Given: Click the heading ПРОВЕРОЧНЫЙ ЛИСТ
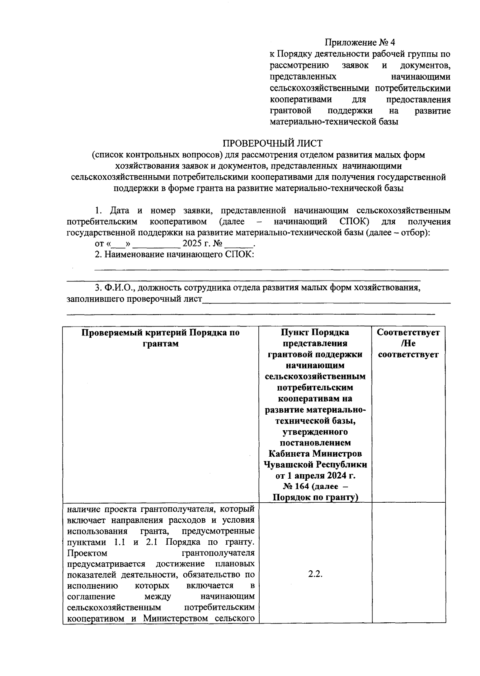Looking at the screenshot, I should coord(272,143).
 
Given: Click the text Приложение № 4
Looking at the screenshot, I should coord(360,42).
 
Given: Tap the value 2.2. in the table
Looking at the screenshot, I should coord(315,574).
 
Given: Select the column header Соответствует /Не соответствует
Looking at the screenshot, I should coord(408,343).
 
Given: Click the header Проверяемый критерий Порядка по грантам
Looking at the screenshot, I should coord(160,338).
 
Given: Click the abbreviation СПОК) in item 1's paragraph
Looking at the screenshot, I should coord(354,221).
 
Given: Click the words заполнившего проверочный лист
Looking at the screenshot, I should coord(134,299).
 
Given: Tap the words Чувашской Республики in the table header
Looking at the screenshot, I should coord(315,465).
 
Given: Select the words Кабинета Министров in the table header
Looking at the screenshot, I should coord(315,453).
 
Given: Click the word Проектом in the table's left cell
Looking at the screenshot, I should coord(87,553).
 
